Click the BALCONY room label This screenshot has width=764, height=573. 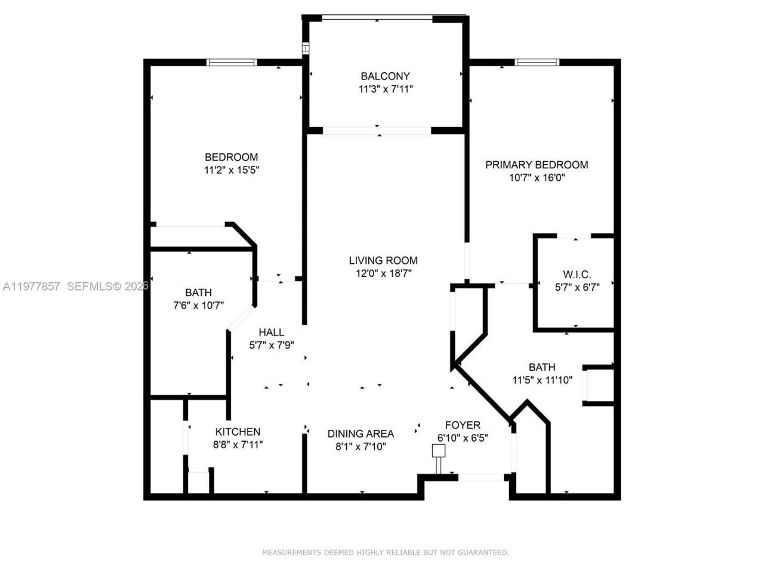[x=385, y=76]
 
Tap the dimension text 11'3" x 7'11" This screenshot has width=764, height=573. [x=385, y=89]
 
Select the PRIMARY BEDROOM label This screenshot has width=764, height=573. [x=536, y=165]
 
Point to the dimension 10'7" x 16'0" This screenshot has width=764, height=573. [x=536, y=178]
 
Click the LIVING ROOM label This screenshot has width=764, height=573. [x=383, y=260]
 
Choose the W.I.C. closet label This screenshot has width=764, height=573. [x=577, y=275]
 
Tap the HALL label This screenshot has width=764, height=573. [x=271, y=332]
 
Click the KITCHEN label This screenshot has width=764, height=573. [x=238, y=432]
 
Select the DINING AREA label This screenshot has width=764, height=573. [x=361, y=434]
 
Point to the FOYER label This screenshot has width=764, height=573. [x=463, y=425]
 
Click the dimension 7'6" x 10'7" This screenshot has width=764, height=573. [x=198, y=306]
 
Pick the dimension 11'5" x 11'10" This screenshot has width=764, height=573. [x=542, y=380]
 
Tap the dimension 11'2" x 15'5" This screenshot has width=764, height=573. [x=231, y=170]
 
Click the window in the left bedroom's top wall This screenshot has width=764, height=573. [x=232, y=62]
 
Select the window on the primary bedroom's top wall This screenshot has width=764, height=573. [x=537, y=62]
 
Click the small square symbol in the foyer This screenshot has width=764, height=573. [x=439, y=451]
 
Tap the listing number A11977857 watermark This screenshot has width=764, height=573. [x=31, y=286]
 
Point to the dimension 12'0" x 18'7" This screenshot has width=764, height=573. [x=383, y=273]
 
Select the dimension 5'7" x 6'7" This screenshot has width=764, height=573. [x=577, y=286]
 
